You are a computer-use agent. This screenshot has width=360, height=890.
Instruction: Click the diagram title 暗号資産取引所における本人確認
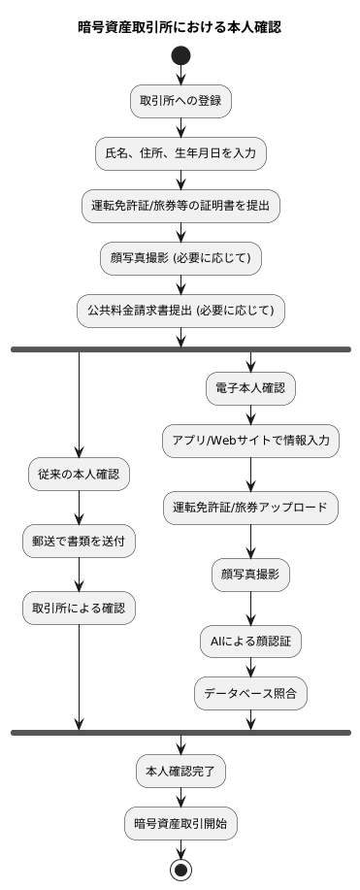click(180, 27)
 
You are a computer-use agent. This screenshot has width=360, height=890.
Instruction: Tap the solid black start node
click(180, 56)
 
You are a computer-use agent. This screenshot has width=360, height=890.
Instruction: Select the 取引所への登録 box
click(180, 101)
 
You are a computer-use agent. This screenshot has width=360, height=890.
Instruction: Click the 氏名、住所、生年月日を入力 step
click(180, 153)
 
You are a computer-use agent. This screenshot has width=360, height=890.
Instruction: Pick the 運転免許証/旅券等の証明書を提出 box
click(180, 206)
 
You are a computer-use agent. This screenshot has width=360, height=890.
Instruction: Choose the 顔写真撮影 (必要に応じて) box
click(180, 258)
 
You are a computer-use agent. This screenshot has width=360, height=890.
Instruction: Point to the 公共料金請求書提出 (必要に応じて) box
click(180, 311)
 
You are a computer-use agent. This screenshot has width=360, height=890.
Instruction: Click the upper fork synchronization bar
click(180, 348)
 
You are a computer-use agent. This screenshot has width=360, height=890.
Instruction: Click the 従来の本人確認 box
click(79, 476)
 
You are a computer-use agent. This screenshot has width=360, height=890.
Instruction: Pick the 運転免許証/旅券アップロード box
click(251, 508)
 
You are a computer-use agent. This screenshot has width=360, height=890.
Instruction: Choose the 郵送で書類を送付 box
click(79, 543)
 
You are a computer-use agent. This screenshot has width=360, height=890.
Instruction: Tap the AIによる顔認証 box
click(251, 642)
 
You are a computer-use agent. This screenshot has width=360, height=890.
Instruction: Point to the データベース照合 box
click(251, 693)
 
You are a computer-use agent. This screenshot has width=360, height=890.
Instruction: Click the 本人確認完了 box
click(180, 772)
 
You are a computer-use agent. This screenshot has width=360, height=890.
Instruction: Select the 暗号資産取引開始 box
click(180, 824)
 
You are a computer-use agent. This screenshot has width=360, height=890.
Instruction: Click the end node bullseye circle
click(180, 869)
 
